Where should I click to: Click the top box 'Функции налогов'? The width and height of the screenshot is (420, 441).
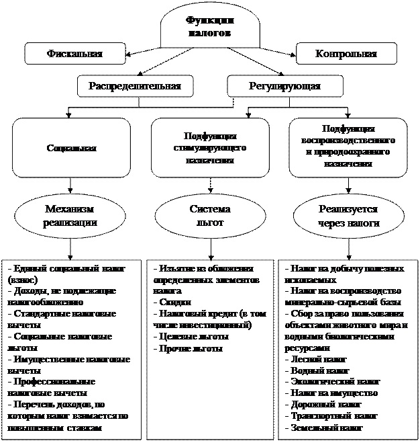pyautogui.click(x=209, y=26)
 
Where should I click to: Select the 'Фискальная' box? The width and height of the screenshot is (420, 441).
pyautogui.click(x=75, y=54)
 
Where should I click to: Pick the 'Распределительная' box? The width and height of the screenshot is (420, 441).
pyautogui.click(x=135, y=86)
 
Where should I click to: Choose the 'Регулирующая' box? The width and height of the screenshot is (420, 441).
pyautogui.click(x=284, y=86)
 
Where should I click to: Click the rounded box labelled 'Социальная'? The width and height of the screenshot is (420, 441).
pyautogui.click(x=71, y=147)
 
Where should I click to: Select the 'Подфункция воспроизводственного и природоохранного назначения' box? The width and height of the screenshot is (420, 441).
pyautogui.click(x=348, y=147)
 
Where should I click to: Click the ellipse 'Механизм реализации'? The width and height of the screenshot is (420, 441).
pyautogui.click(x=70, y=216)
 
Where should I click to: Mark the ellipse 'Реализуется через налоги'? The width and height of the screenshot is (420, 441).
pyautogui.click(x=348, y=216)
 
